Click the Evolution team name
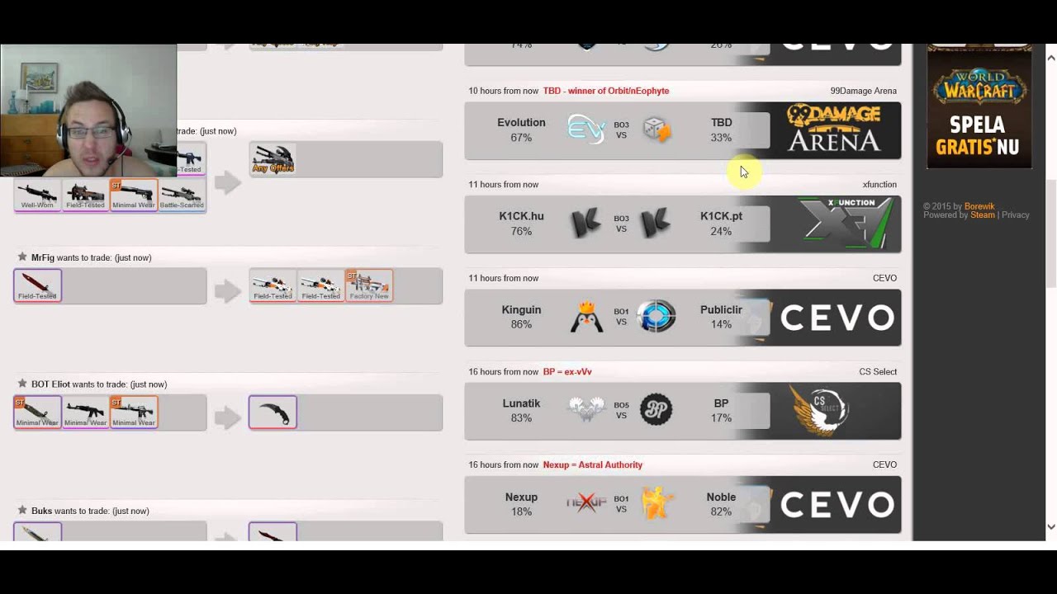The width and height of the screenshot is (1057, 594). (x=521, y=123)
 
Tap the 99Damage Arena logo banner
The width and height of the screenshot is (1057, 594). (x=833, y=130)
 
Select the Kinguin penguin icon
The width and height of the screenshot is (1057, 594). (x=586, y=317)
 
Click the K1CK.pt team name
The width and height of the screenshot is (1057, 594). (x=721, y=216)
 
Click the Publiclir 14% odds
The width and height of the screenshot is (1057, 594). (x=721, y=324)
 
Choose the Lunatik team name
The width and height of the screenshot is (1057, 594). (x=521, y=403)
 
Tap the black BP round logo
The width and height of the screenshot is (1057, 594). (x=656, y=410)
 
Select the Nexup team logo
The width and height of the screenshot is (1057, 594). (x=586, y=503)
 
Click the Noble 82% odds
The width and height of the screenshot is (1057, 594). (x=721, y=511)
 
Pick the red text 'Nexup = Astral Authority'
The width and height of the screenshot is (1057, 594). (x=592, y=465)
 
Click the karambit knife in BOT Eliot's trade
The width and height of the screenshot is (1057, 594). (x=273, y=412)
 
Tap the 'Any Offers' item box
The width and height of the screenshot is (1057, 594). (x=273, y=159)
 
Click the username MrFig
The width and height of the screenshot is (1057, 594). (x=43, y=257)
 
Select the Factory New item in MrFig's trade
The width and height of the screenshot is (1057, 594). (x=369, y=285)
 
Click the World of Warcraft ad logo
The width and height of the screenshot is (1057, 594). (x=979, y=83)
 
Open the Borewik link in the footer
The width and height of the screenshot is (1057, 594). (x=979, y=206)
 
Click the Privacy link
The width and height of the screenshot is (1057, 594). (x=1015, y=215)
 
